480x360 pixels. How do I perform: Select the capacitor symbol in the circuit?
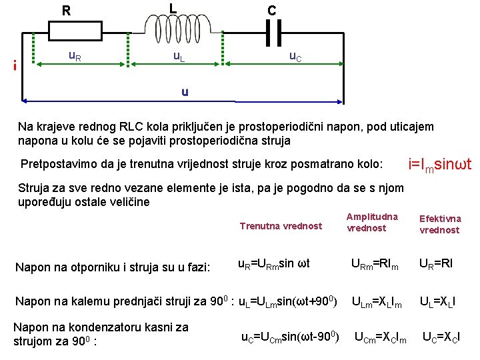[x=273, y=31]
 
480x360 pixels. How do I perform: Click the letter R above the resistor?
[x=66, y=11]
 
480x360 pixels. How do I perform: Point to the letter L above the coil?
[x=173, y=9]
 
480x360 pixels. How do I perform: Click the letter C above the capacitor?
[x=271, y=11]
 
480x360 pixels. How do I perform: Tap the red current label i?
[x=14, y=65]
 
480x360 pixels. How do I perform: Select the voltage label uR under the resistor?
[x=75, y=56]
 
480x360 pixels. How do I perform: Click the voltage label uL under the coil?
[x=179, y=57]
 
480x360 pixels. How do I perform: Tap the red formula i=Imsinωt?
[x=439, y=163]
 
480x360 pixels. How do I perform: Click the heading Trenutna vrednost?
[x=281, y=226]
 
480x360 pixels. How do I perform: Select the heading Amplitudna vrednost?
[x=372, y=222]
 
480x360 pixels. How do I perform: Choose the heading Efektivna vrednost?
[x=439, y=224]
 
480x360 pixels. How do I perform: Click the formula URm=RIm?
[x=375, y=265]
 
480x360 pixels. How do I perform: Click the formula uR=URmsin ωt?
[x=274, y=265]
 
